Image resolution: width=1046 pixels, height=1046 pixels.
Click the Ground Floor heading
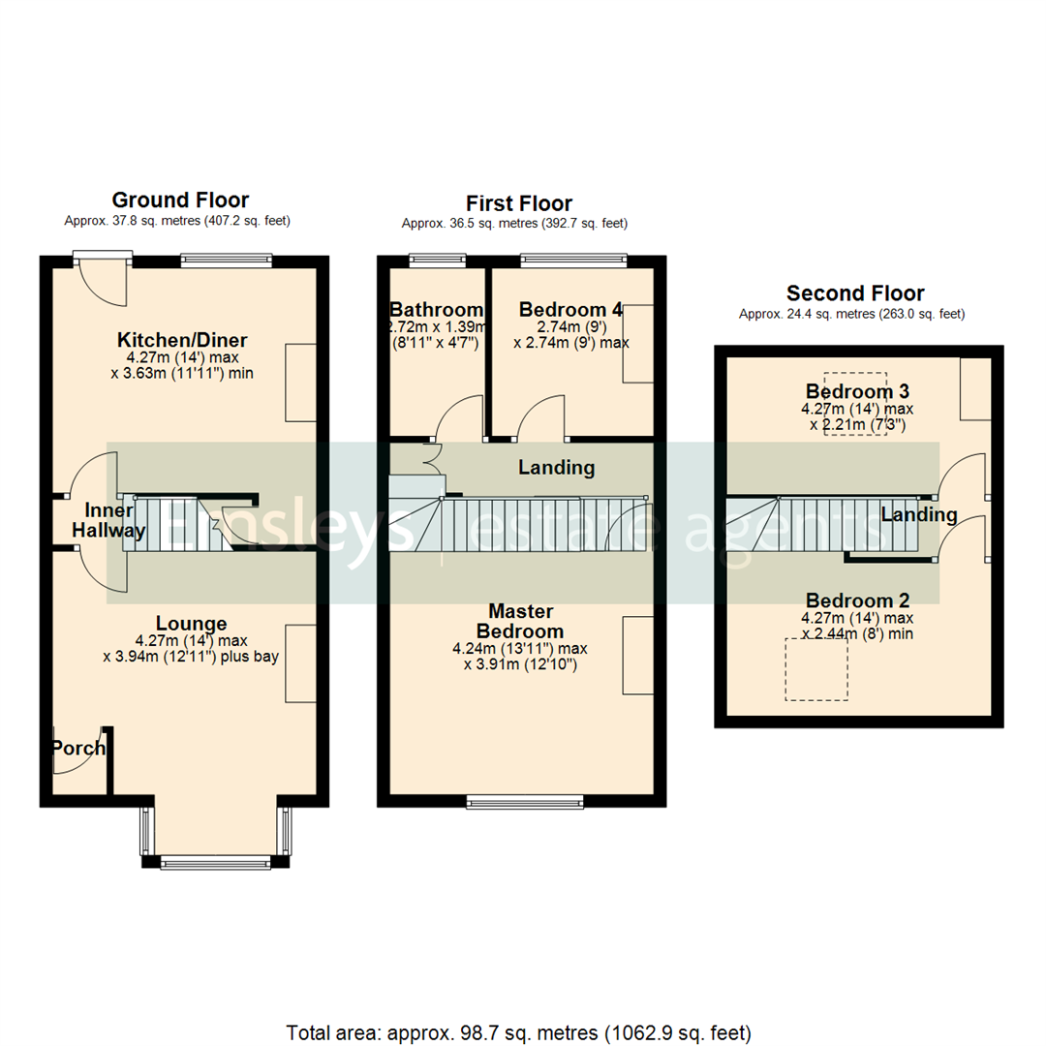pyautogui.click(x=180, y=200)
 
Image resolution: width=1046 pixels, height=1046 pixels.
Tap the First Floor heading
pyautogui.click(x=518, y=203)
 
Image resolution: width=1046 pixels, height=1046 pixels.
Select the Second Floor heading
pyautogui.click(x=855, y=293)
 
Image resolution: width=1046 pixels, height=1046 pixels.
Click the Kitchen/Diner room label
pyautogui.click(x=182, y=340)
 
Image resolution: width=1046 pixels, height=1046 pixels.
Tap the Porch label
pyautogui.click(x=77, y=749)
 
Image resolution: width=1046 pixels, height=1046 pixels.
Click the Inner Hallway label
pyautogui.click(x=114, y=520)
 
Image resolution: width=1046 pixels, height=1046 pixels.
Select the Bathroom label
pyautogui.click(x=436, y=310)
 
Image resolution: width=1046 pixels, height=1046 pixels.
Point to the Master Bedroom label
pyautogui.click(x=521, y=621)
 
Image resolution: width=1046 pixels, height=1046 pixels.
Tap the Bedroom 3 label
pyautogui.click(x=857, y=392)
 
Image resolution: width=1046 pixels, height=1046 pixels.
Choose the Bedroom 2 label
pyautogui.click(x=857, y=600)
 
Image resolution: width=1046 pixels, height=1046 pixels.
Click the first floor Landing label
pyautogui.click(x=556, y=468)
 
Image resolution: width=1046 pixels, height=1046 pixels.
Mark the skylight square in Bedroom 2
pyautogui.click(x=816, y=667)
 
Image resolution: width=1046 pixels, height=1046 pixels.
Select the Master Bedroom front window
pyautogui.click(x=525, y=801)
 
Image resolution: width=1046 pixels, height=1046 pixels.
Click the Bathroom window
pyautogui.click(x=436, y=260)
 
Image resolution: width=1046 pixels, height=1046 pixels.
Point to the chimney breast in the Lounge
pyautogui.click(x=300, y=663)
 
